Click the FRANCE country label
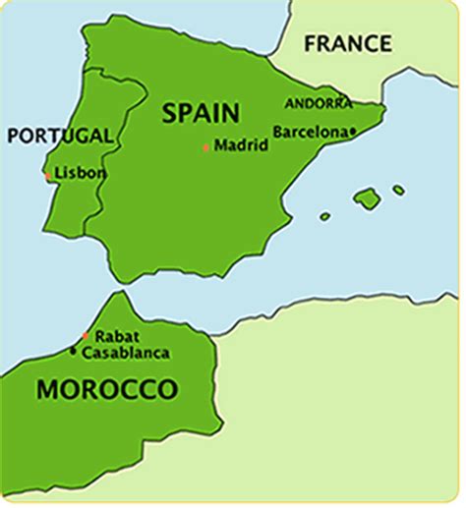coord(348,43)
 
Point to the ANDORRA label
coord(317,103)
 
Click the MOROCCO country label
coord(108,390)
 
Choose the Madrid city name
coord(241,145)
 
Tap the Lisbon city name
coord(81,173)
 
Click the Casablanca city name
coord(125,352)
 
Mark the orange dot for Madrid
coord(206,147)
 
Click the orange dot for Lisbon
coord(47,175)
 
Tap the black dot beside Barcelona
coord(352,130)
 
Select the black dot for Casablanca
coord(73,350)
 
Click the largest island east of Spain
coord(367,198)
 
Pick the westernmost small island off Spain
coord(325,216)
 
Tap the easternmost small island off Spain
coord(398,190)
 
